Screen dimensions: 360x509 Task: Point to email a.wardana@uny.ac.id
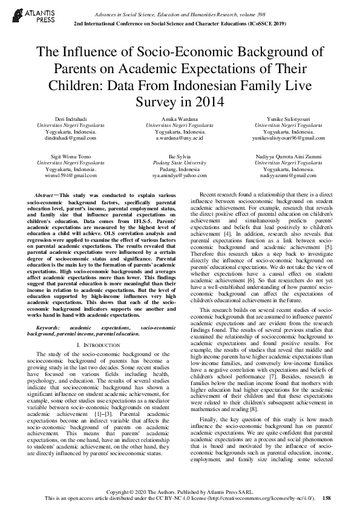pos(180,138)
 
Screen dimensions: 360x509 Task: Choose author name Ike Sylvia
pos(180,157)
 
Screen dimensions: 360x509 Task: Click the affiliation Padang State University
pos(180,163)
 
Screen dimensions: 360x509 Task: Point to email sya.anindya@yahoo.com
pos(180,175)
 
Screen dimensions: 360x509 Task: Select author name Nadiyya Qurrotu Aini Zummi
pos(289,157)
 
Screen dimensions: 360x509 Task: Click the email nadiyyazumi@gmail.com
pos(289,175)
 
